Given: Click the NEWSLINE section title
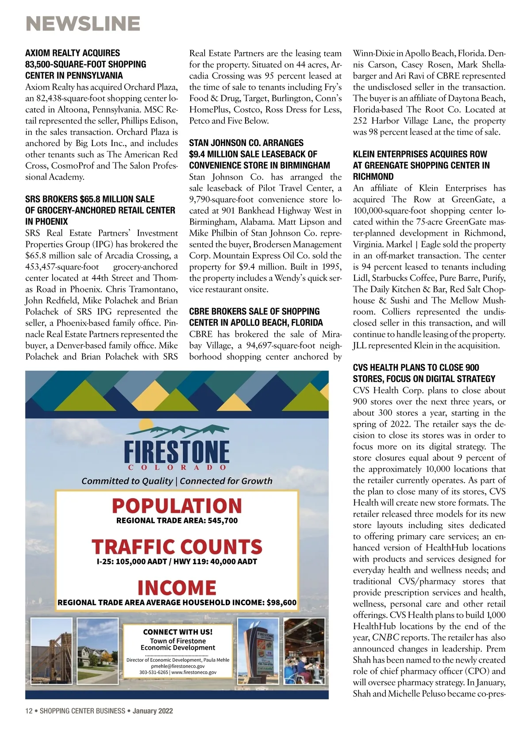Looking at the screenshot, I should [x=83, y=23].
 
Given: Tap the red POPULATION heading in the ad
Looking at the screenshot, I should [x=177, y=506].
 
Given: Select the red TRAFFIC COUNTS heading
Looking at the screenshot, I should [x=177, y=547].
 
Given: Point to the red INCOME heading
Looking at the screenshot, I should [x=177, y=588].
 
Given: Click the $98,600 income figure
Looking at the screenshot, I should [x=282, y=603].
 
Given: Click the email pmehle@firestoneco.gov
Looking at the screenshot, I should [x=178, y=666].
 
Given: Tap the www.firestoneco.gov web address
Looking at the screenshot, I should [x=194, y=672].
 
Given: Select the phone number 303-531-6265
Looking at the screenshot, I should [x=154, y=672].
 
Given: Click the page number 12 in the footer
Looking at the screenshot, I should [x=29, y=711].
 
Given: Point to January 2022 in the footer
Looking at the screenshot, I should [x=153, y=711].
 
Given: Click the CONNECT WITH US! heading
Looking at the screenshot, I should [x=178, y=632].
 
